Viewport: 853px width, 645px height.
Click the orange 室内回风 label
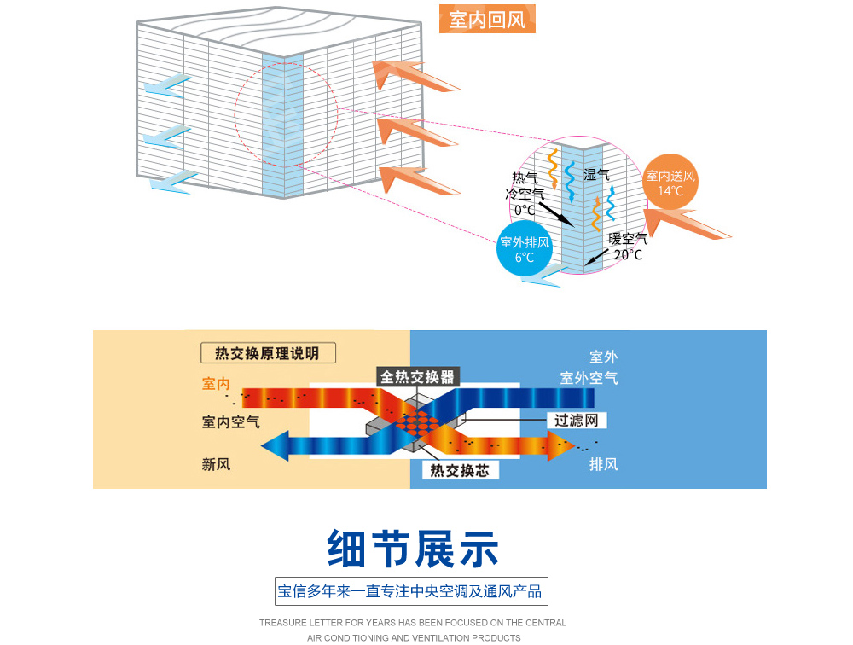(487, 19)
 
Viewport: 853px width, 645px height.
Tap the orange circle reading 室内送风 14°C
(670, 183)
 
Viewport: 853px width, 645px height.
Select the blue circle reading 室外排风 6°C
(525, 249)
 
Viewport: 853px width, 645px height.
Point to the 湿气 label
(596, 174)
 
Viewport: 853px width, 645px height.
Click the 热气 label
(525, 177)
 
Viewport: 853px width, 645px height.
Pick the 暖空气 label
(628, 239)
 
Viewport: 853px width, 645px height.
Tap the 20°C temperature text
(628, 254)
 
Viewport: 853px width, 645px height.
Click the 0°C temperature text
(525, 210)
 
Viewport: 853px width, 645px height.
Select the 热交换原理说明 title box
(267, 353)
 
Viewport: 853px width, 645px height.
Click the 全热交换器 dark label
(418, 376)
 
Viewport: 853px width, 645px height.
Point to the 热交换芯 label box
(460, 470)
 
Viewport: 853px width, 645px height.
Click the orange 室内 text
(216, 384)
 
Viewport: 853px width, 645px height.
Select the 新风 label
(216, 464)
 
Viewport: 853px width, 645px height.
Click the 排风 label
(603, 464)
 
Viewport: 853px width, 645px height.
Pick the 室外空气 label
(589, 377)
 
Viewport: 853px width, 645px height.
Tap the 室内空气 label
(231, 421)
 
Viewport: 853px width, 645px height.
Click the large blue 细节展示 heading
(414, 549)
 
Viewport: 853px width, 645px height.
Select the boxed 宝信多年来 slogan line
(410, 590)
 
